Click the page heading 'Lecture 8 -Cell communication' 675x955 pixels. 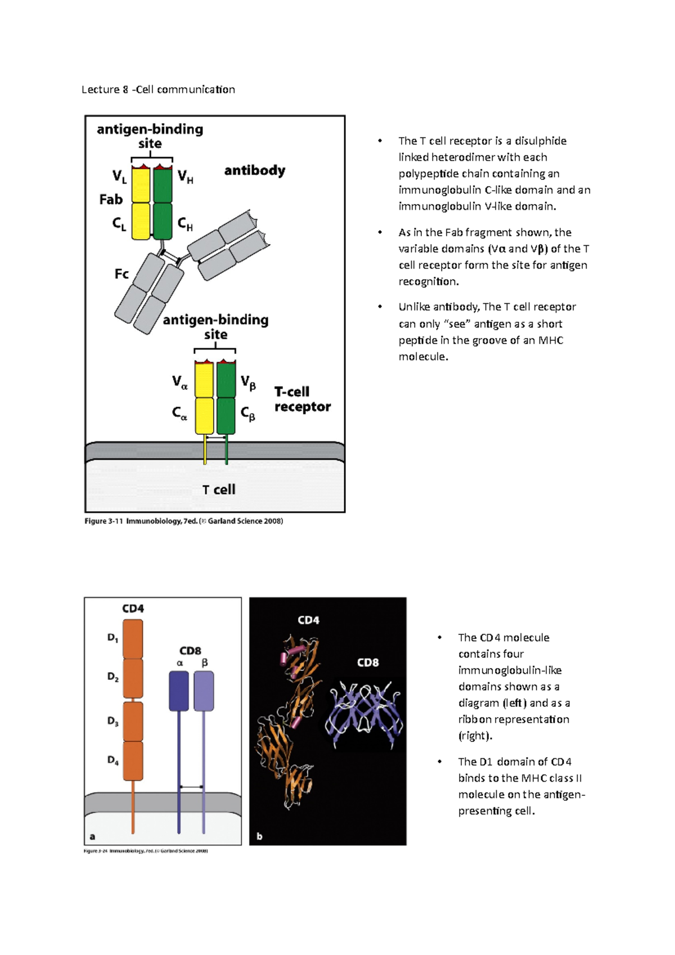(x=158, y=89)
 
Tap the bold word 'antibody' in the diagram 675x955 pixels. (x=254, y=170)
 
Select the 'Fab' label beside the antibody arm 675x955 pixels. (x=111, y=199)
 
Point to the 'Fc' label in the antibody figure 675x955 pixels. (x=121, y=274)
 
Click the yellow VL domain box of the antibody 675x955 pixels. (x=141, y=185)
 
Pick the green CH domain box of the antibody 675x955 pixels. (x=163, y=221)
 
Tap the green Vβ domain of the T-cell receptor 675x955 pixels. (x=226, y=380)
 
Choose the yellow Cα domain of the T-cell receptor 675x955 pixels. (x=204, y=416)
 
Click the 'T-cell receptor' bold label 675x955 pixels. (x=302, y=399)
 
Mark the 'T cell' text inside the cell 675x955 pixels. (x=219, y=490)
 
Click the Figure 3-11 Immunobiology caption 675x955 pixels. (x=183, y=521)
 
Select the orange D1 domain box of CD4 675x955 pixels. (x=133, y=639)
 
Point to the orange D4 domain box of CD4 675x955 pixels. (x=133, y=760)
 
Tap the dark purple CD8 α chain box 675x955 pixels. (x=179, y=691)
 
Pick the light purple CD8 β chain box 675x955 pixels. (x=204, y=691)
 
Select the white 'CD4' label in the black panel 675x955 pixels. (x=308, y=620)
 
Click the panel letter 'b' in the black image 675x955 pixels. (x=259, y=836)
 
